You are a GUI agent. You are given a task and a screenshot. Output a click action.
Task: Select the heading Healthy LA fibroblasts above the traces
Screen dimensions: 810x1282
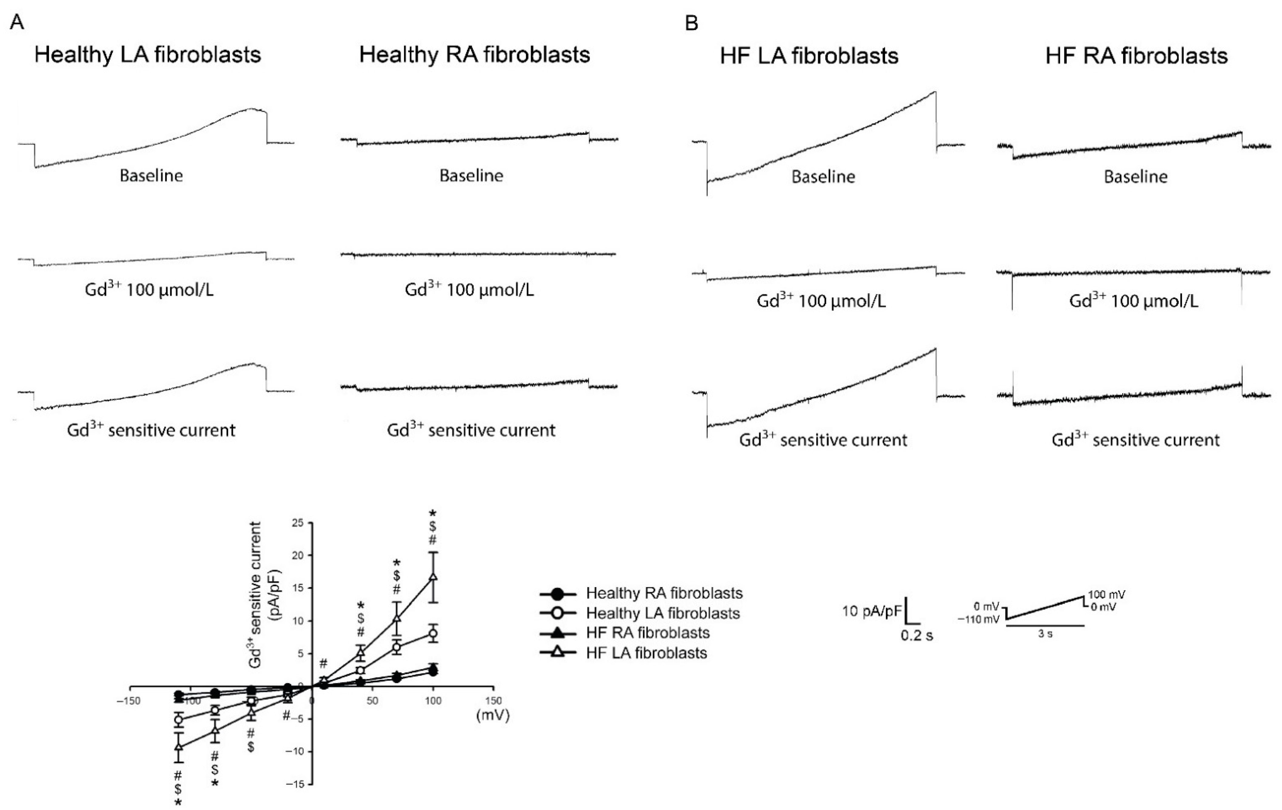pyautogui.click(x=148, y=55)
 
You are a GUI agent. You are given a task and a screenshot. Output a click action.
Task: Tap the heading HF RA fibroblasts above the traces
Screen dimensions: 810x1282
pyautogui.click(x=1136, y=56)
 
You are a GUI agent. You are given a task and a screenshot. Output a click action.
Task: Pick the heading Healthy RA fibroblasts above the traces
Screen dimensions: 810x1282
pyautogui.click(x=474, y=55)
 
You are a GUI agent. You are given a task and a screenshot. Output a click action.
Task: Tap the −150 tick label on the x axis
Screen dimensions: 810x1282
pyautogui.click(x=128, y=701)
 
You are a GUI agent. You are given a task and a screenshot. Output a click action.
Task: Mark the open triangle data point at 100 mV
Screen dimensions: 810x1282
pyautogui.click(x=433, y=577)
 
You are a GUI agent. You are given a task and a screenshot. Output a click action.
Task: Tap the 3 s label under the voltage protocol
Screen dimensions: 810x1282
pyautogui.click(x=1045, y=635)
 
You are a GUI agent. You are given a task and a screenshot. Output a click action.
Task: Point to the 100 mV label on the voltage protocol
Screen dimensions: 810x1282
pyautogui.click(x=1106, y=594)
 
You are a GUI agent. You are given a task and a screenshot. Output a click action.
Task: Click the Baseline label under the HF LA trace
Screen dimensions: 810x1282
pyautogui.click(x=823, y=177)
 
